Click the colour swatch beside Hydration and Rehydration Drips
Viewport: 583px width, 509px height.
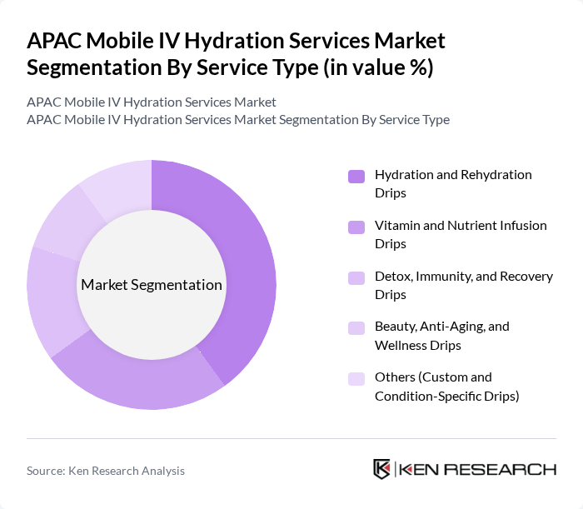356,176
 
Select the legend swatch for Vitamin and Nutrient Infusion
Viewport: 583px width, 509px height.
356,227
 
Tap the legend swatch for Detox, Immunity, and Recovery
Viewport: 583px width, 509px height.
356,277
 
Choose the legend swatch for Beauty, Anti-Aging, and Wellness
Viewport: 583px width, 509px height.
356,327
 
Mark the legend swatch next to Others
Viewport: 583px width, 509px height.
356,378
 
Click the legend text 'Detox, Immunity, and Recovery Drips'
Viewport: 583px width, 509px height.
463,285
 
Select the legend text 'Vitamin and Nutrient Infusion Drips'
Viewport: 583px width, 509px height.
461,234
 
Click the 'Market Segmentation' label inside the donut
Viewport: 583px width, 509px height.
152,285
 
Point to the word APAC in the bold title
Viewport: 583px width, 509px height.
55,41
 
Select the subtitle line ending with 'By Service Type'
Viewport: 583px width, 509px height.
238,119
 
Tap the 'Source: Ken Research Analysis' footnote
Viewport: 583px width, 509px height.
106,471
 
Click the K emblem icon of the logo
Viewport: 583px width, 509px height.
382,469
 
